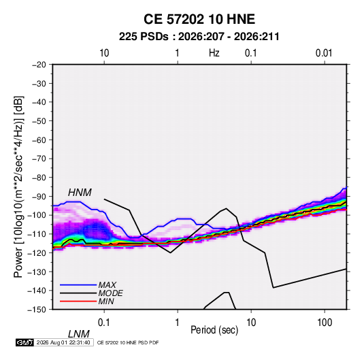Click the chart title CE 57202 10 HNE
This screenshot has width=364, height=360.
coord(199,19)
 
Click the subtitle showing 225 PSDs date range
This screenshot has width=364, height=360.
coord(199,37)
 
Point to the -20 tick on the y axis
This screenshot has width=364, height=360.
coord(39,65)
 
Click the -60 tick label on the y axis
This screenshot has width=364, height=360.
coord(39,140)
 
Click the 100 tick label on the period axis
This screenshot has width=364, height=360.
coord(325,323)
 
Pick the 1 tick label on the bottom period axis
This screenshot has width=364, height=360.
coord(178,323)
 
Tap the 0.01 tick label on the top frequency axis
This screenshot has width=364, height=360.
coord(324,53)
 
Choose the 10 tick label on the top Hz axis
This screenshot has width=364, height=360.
coord(104,53)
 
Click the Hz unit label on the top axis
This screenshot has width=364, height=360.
coord(214,53)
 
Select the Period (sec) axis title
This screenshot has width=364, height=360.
coord(214,330)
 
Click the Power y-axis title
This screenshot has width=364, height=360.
coord(18,186)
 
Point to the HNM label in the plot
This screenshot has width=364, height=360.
coord(80,193)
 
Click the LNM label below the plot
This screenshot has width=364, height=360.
coord(79,334)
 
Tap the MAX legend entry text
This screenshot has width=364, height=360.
coord(107,284)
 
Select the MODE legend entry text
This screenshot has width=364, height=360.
coord(110,293)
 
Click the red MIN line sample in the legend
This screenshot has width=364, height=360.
coord(78,301)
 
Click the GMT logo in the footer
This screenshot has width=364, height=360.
coord(25,342)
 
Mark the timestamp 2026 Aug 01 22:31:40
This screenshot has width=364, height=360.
coord(63,342)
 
